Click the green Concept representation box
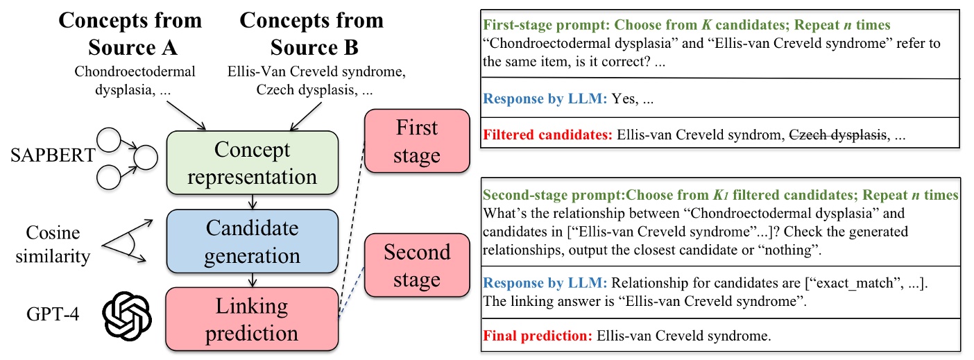click(252, 163)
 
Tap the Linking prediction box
click(252, 318)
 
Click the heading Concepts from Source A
click(130, 33)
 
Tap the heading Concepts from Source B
click(311, 33)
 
